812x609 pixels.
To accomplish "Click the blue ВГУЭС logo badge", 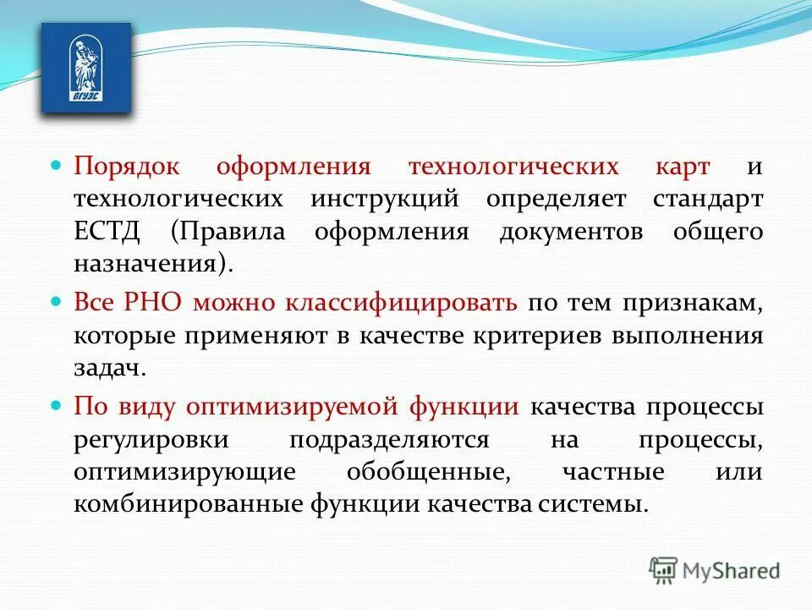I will point(86,69).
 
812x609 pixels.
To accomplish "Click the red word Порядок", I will point(124,165).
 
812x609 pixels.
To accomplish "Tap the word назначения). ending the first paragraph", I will point(153,264).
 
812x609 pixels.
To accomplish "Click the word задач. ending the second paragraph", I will point(111,369).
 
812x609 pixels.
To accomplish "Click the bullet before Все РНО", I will point(58,302).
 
